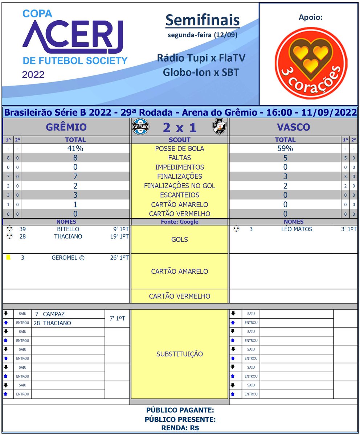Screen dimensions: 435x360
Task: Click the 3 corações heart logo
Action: pyautogui.click(x=311, y=63)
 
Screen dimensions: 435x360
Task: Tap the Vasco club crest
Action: pyautogui.click(x=219, y=127)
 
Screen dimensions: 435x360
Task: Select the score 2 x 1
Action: pyautogui.click(x=180, y=127)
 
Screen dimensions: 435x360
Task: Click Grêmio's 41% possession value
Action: pyautogui.click(x=75, y=148)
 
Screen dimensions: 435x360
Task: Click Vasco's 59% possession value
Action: pyautogui.click(x=285, y=148)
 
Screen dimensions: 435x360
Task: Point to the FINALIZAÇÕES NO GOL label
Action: pyautogui.click(x=180, y=186)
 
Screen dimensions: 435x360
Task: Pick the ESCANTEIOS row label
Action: pyautogui.click(x=180, y=195)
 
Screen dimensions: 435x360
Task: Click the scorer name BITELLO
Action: pyautogui.click(x=68, y=229)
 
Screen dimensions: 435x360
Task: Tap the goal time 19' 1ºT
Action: pyautogui.click(x=121, y=236)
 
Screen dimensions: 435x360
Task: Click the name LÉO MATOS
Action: pyautogui.click(x=296, y=229)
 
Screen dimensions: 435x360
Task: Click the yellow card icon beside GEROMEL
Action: pyautogui.click(x=8, y=257)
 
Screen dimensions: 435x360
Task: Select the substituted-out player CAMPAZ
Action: pyautogui.click(x=54, y=314)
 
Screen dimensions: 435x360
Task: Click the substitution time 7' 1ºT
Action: pyautogui.click(x=117, y=318)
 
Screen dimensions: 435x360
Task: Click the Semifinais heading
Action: pyautogui.click(x=202, y=21)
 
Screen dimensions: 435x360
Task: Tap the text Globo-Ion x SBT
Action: pyautogui.click(x=201, y=72)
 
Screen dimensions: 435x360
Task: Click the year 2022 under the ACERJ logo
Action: pyautogui.click(x=33, y=75)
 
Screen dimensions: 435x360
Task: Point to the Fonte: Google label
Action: pyautogui.click(x=180, y=221)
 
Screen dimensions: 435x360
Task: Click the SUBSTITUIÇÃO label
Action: pyautogui.click(x=180, y=354)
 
